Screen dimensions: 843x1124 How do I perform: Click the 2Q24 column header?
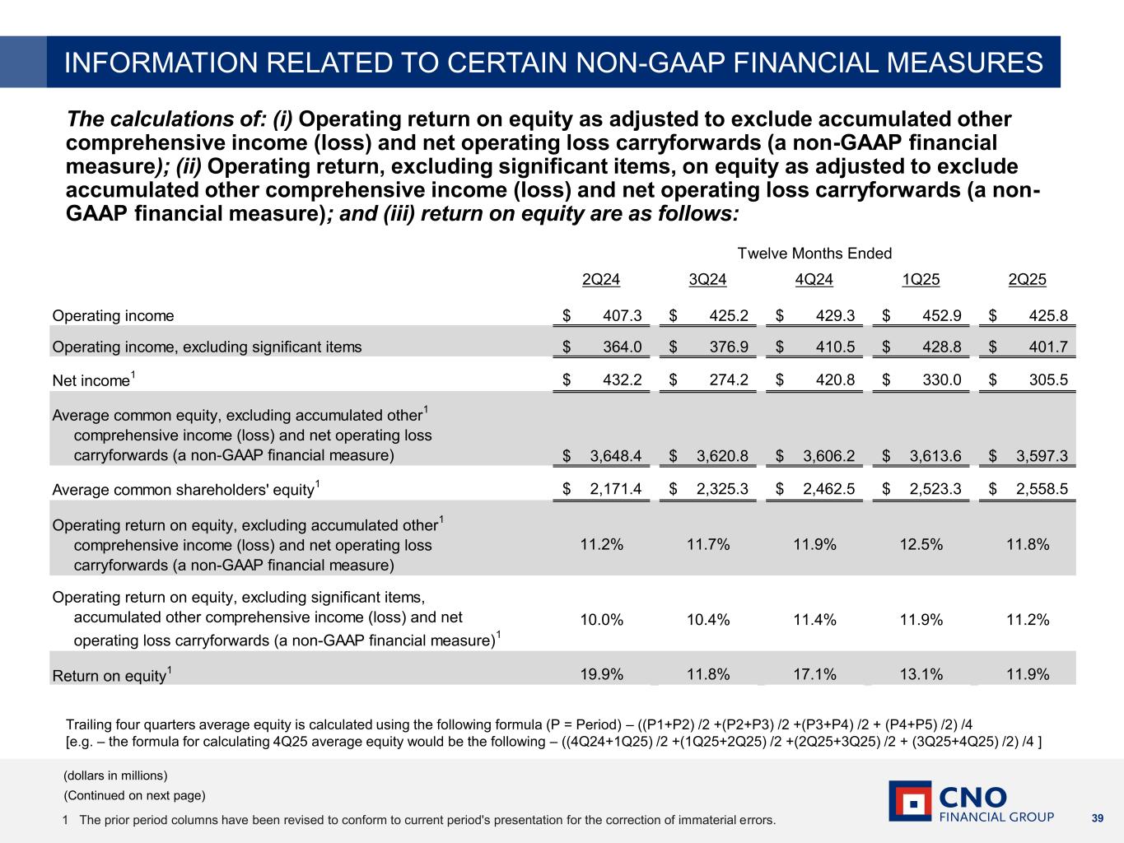[x=601, y=280]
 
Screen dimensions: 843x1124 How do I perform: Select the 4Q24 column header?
[x=814, y=280]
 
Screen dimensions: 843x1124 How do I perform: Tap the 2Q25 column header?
[x=1027, y=280]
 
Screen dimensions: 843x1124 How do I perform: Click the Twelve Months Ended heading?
[x=814, y=254]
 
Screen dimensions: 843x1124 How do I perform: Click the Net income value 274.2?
[x=728, y=380]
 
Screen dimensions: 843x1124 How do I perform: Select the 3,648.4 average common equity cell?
[x=616, y=456]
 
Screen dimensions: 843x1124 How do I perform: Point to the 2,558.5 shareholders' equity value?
[x=1042, y=489]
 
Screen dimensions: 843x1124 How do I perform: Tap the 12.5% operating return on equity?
[x=921, y=545]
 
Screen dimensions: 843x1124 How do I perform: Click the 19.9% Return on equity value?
[x=601, y=675]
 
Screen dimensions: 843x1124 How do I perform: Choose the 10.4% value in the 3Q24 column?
[x=708, y=620]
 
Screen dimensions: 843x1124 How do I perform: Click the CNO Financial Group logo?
[x=971, y=802]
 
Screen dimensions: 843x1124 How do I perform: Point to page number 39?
[x=1096, y=818]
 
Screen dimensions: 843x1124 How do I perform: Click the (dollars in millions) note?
[x=116, y=775]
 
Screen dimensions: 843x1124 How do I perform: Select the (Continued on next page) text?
[x=135, y=795]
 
